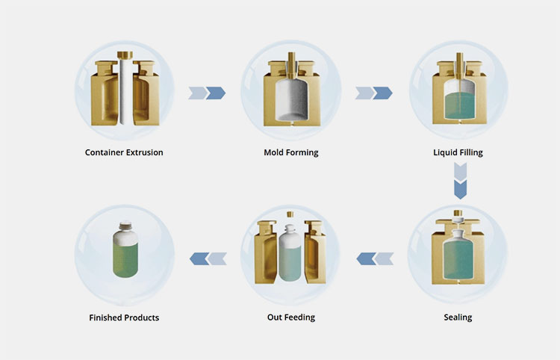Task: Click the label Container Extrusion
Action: pyautogui.click(x=124, y=152)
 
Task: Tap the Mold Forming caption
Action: pyautogui.click(x=290, y=152)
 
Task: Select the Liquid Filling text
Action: pyautogui.click(x=458, y=152)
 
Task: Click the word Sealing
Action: pyautogui.click(x=458, y=317)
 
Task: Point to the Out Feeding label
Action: pyautogui.click(x=290, y=317)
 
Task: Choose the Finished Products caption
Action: pyautogui.click(x=124, y=317)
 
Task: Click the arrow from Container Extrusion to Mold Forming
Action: pyautogui.click(x=207, y=93)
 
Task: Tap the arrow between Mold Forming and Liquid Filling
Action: pyautogui.click(x=373, y=93)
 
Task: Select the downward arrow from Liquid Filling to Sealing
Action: pyautogui.click(x=460, y=183)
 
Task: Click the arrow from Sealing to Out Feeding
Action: pyautogui.click(x=374, y=258)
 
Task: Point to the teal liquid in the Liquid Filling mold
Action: pyautogui.click(x=458, y=106)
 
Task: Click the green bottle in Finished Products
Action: pyautogui.click(x=124, y=254)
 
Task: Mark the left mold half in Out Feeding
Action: pyautogui.click(x=267, y=254)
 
